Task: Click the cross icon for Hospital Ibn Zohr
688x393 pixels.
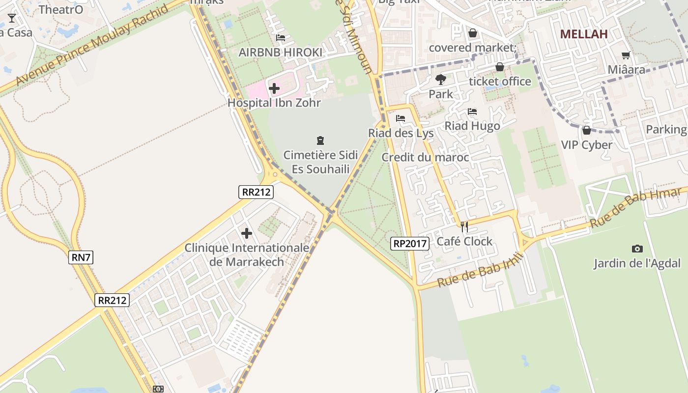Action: pyautogui.click(x=274, y=88)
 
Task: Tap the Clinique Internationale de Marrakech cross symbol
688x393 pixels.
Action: pyautogui.click(x=247, y=233)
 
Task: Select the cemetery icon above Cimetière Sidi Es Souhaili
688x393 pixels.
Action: pyautogui.click(x=320, y=141)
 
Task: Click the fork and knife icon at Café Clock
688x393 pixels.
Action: pyautogui.click(x=464, y=227)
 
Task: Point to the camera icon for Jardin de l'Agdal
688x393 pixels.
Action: pyautogui.click(x=637, y=249)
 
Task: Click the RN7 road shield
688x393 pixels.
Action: pyautogui.click(x=81, y=257)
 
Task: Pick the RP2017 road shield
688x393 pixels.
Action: pyautogui.click(x=410, y=243)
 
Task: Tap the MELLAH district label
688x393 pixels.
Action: pyautogui.click(x=584, y=34)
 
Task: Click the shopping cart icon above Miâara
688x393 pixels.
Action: pyautogui.click(x=626, y=55)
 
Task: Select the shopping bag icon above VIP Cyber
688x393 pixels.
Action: pyautogui.click(x=586, y=130)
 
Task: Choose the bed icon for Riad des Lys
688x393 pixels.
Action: pyautogui.click(x=401, y=118)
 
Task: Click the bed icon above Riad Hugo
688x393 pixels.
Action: pyautogui.click(x=472, y=112)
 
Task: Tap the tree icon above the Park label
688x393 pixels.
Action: pyautogui.click(x=440, y=79)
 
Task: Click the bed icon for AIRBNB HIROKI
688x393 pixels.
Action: pyautogui.click(x=281, y=37)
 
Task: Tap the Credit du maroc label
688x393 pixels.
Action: pyautogui.click(x=425, y=157)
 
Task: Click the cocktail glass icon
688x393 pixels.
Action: pyautogui.click(x=12, y=18)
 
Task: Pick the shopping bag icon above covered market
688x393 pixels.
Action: pyautogui.click(x=472, y=33)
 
